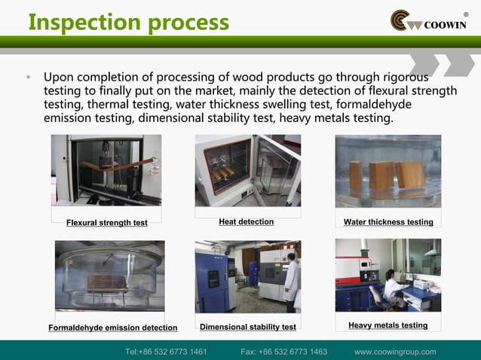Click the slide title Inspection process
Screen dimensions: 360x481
(x=128, y=22)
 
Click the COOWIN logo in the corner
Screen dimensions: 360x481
(x=428, y=21)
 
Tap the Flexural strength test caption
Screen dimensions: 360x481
(x=106, y=222)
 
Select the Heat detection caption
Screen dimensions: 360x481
(x=246, y=221)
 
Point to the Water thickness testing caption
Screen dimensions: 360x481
(x=388, y=222)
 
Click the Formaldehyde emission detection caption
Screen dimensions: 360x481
(x=112, y=328)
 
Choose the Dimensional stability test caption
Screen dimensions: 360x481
(x=247, y=327)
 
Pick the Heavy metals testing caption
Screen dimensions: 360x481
(x=388, y=325)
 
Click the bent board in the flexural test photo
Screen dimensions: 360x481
(x=105, y=165)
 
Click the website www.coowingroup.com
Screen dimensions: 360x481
(x=395, y=352)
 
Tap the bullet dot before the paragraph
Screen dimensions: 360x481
(x=29, y=78)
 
